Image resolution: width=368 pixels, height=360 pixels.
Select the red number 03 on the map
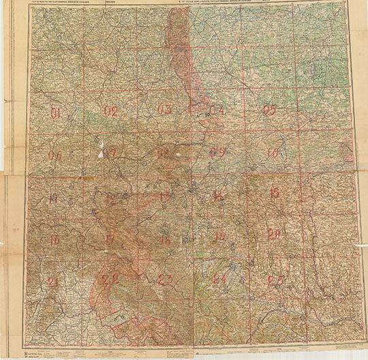coord(165,110)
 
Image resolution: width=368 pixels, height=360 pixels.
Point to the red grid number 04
coord(217,110)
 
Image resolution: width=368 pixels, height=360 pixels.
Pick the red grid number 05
coord(269,110)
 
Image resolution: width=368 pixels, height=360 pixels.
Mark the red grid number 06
coord(55,155)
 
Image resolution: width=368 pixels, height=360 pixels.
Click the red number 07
coord(110,153)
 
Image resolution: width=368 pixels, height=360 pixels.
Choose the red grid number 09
coord(217,152)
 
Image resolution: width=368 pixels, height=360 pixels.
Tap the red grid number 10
coord(273,153)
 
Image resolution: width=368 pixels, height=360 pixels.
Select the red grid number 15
coord(274,194)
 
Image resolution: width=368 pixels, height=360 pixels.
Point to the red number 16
coord(55,239)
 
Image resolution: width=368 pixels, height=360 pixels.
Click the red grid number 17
coord(110,239)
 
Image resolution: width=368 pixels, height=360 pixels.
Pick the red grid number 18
coord(164,239)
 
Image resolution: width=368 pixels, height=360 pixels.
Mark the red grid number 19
coord(219,237)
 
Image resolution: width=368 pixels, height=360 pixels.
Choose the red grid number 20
coord(274,235)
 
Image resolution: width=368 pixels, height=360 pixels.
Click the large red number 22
coord(110,279)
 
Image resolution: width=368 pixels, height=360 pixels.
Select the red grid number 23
coord(165,280)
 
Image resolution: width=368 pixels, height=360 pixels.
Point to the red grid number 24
coord(219,279)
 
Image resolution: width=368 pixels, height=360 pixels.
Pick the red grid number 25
coord(275,280)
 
